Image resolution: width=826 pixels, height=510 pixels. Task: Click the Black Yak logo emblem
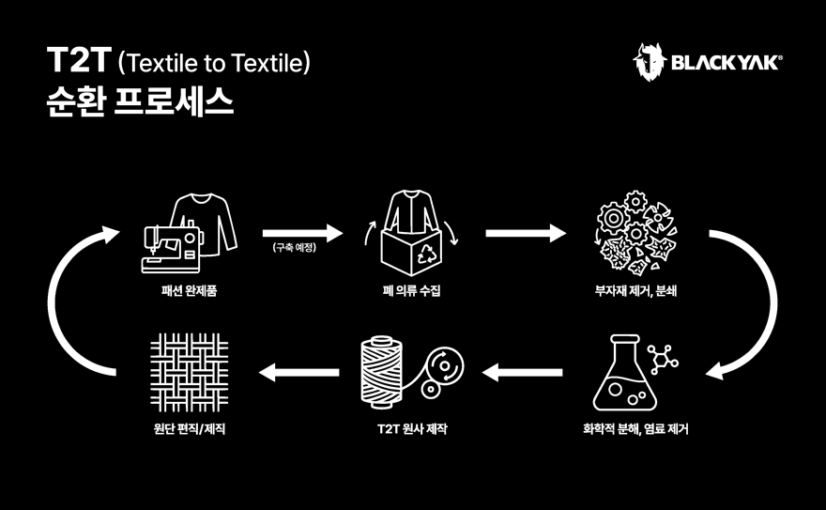click(649, 62)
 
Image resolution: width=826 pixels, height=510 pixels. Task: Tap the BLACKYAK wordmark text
click(727, 63)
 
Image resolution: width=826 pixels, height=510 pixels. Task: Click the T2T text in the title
click(79, 60)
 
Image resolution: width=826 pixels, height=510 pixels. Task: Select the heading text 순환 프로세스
click(140, 101)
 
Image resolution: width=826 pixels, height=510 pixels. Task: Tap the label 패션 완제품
click(189, 290)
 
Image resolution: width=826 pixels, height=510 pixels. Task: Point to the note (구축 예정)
click(295, 247)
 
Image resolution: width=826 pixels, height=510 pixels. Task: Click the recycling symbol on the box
click(427, 253)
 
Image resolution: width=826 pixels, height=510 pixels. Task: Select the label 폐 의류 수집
click(411, 290)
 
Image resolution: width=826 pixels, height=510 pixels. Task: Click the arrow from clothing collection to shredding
click(526, 233)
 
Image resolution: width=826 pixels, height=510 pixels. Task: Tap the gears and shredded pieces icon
click(635, 232)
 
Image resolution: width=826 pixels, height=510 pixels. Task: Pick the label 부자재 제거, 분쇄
click(635, 290)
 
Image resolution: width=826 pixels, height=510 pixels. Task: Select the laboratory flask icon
click(625, 373)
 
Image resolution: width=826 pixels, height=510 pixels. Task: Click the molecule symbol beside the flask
click(662, 360)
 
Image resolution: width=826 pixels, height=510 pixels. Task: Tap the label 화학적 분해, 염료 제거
click(635, 429)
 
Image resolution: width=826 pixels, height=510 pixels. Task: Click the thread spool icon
click(382, 373)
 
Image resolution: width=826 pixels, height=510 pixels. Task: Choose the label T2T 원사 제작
click(412, 429)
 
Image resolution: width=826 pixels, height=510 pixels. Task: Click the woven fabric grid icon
click(189, 373)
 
